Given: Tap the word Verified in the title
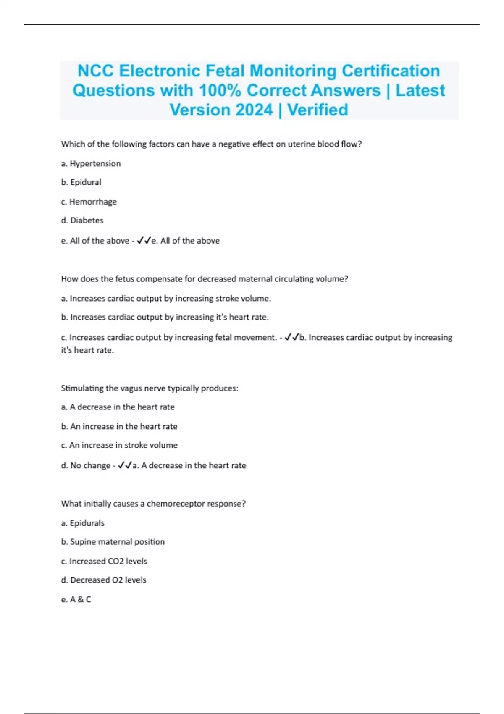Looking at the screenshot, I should pyautogui.click(x=318, y=110).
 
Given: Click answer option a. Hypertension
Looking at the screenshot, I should pyautogui.click(x=91, y=163).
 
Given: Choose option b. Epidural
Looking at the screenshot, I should pyautogui.click(x=81, y=182).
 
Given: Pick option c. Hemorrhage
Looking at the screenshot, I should pyautogui.click(x=89, y=202).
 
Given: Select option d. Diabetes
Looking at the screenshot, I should pyautogui.click(x=82, y=220).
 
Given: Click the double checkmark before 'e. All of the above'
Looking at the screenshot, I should pyautogui.click(x=144, y=241).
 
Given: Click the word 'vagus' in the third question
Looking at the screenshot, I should pyautogui.click(x=130, y=388).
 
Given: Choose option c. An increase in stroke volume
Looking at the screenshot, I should pyautogui.click(x=119, y=445).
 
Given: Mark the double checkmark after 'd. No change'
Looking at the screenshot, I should pyautogui.click(x=125, y=465).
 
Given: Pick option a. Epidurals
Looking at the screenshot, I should pyautogui.click(x=83, y=523).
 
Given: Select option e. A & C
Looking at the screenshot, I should pyautogui.click(x=76, y=599).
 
